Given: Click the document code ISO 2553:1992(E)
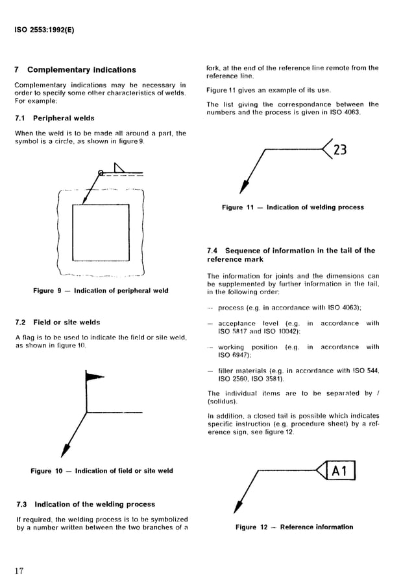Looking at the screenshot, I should coord(43,30).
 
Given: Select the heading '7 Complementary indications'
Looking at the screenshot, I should coord(75,70).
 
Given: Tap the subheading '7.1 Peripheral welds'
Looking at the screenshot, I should coord(55,119).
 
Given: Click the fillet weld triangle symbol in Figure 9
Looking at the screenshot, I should coord(120,168).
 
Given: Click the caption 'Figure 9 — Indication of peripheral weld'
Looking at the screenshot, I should coord(101,291).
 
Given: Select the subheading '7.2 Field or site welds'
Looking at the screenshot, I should coord(57,322).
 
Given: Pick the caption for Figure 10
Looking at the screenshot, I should coord(102,471).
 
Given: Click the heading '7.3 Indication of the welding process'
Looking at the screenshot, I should coord(85,504).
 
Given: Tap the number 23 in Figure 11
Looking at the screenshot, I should coord(339,151).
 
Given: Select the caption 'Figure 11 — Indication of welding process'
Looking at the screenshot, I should coord(293,207).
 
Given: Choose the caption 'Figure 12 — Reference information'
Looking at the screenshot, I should coord(294,527).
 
